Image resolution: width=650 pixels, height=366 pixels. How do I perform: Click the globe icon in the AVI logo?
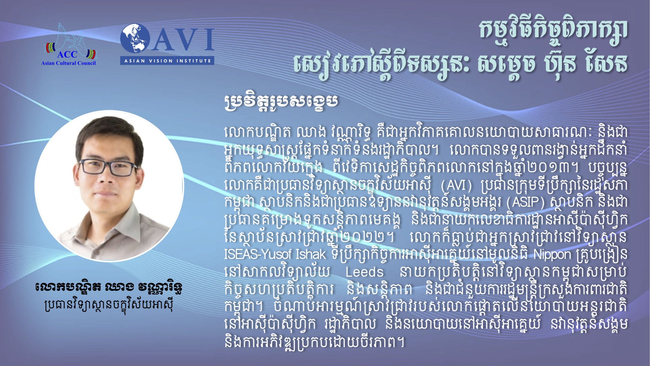tap(135, 39)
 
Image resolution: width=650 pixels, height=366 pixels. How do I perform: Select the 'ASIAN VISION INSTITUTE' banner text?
tap(167, 61)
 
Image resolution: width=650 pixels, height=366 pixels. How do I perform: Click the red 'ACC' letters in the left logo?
tap(67, 54)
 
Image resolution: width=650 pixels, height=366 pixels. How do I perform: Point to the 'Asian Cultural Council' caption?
tap(68, 63)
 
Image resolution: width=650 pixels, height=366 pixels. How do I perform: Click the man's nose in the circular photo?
tap(107, 179)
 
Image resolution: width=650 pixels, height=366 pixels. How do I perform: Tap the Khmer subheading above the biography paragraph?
tap(281, 102)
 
